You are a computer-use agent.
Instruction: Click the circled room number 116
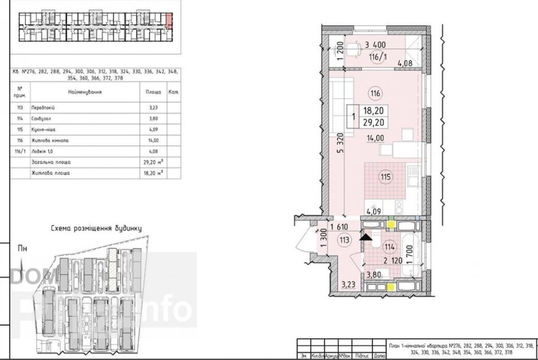coord(374,93)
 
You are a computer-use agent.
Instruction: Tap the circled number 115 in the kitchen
coord(385,177)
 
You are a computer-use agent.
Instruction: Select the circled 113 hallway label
coord(344,240)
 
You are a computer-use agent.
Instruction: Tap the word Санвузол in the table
coord(39,119)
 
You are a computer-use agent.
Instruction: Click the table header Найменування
coord(85,92)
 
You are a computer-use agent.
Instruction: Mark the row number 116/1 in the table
coord(20,151)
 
